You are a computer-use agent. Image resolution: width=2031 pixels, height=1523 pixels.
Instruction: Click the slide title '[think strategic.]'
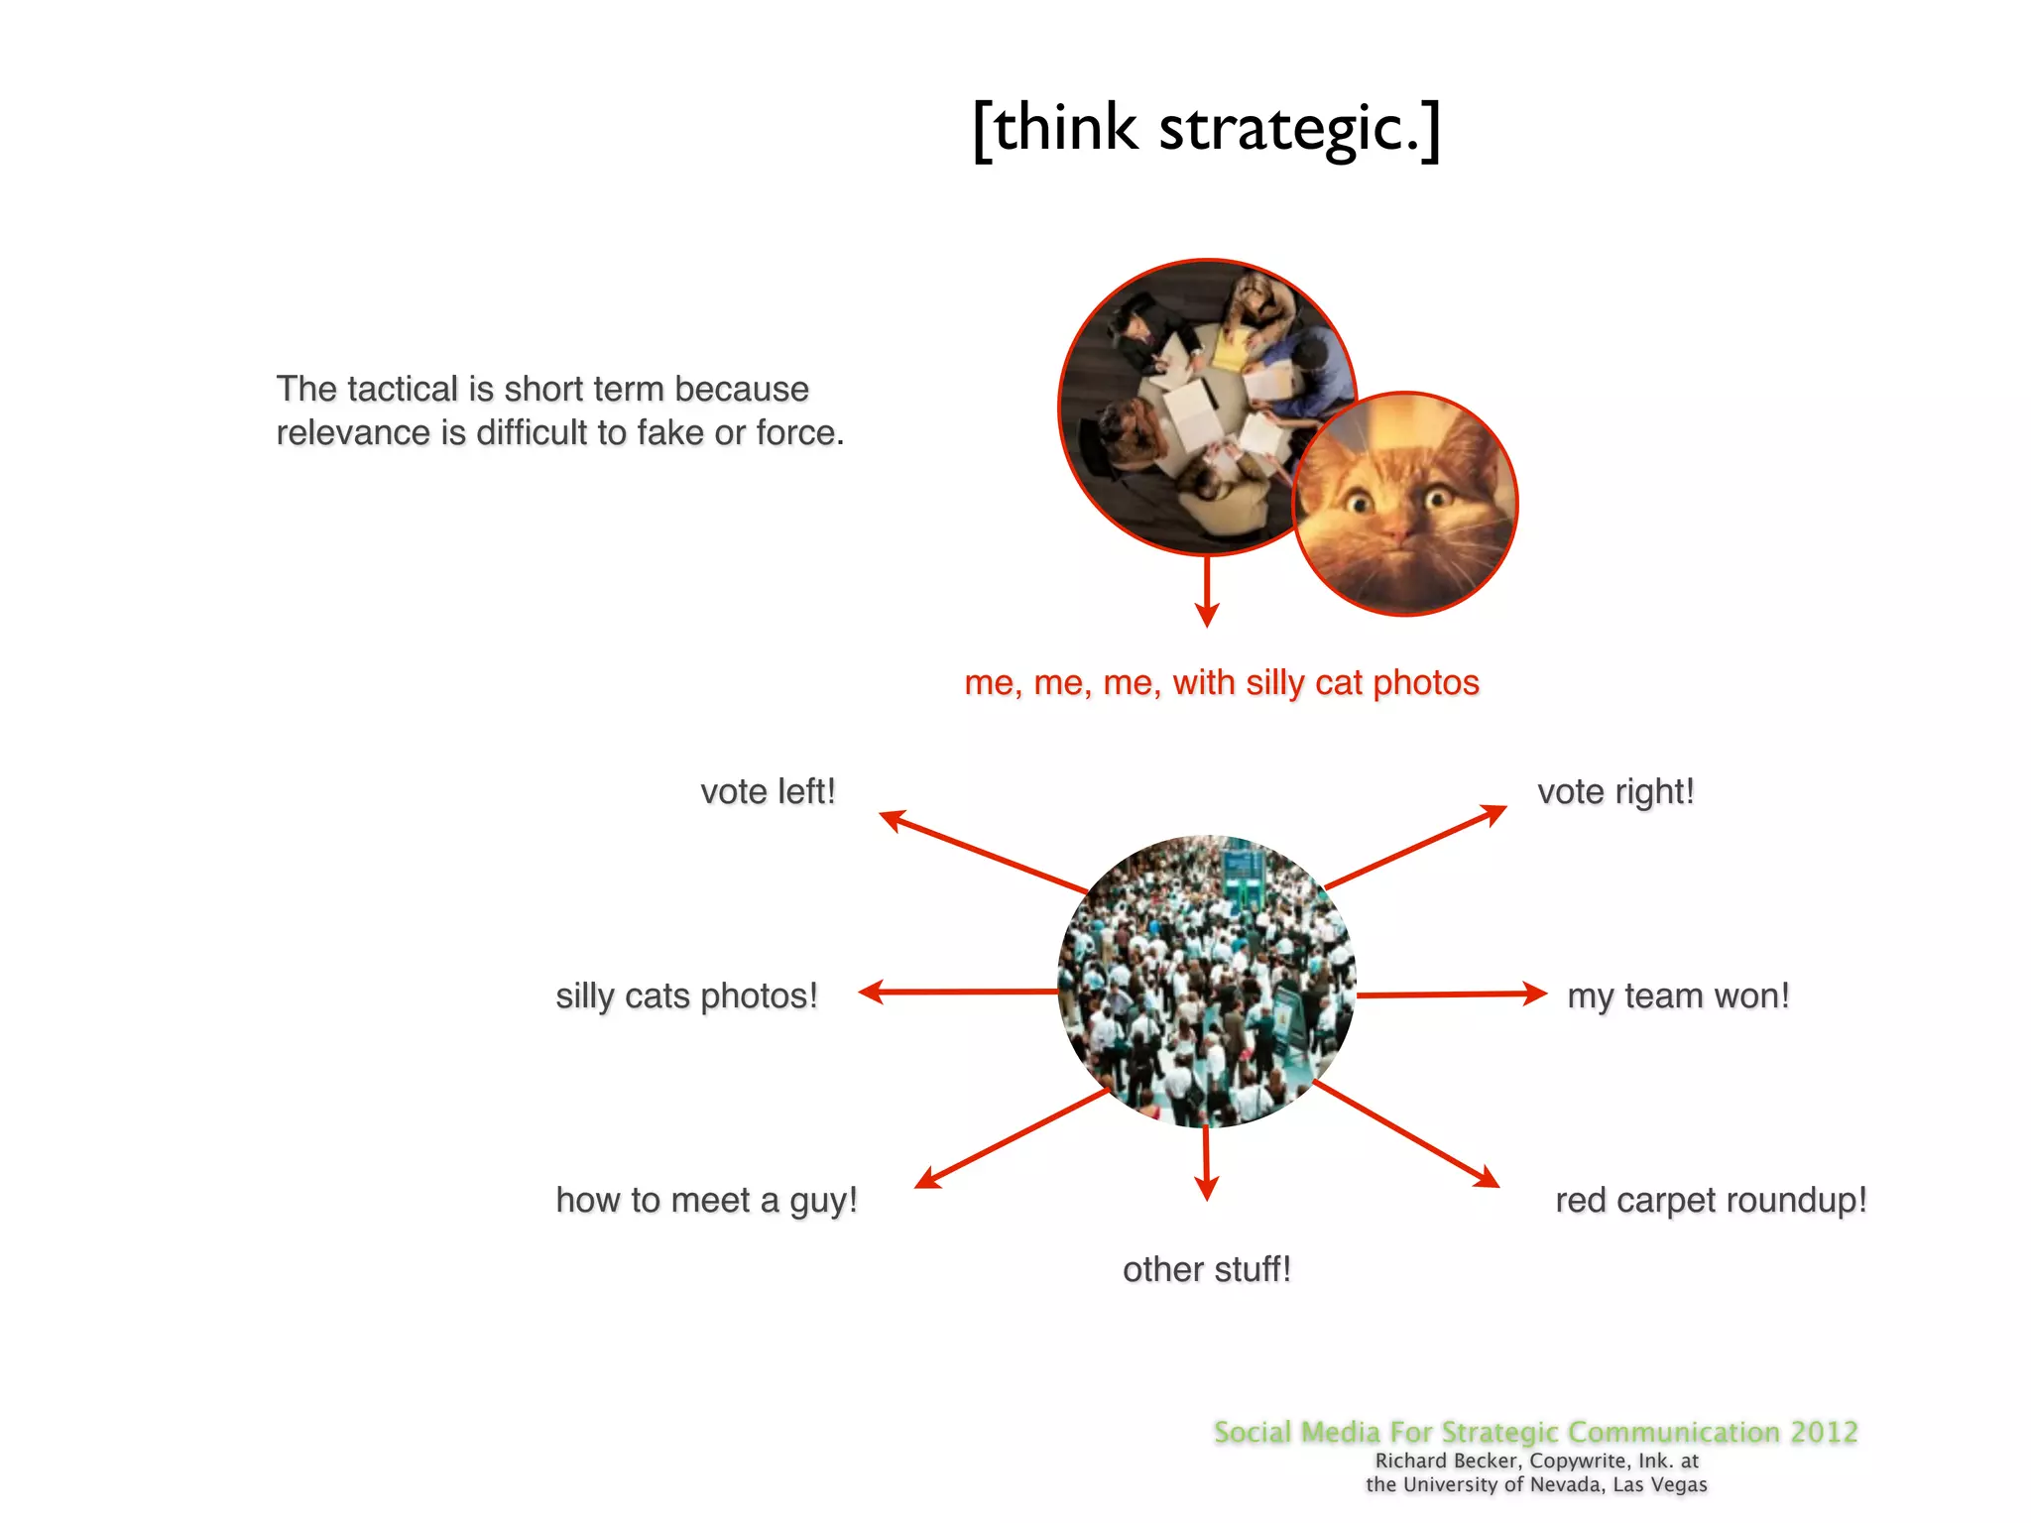click(x=1206, y=129)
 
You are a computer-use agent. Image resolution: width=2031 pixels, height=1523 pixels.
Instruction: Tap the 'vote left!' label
click(x=768, y=791)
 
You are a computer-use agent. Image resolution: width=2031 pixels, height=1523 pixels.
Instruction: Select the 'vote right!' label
click(x=1615, y=791)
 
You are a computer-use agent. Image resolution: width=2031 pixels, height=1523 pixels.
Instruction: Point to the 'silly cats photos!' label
click(x=686, y=996)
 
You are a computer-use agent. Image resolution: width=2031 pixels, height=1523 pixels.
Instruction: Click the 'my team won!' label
click(x=1678, y=996)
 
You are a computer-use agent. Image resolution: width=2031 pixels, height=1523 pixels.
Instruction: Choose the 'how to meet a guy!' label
click(x=706, y=1200)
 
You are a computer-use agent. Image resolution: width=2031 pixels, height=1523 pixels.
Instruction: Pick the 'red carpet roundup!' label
click(x=1711, y=1200)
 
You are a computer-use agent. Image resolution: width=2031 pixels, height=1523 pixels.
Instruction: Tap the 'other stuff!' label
click(x=1206, y=1269)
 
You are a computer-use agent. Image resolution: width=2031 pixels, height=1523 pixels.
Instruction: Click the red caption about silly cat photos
click(x=1222, y=682)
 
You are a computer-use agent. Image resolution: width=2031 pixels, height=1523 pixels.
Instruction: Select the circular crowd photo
click(x=1206, y=982)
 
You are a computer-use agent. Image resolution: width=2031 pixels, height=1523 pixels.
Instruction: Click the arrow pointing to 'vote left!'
click(x=982, y=851)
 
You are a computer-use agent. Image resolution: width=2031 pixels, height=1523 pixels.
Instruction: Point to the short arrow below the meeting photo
click(x=1206, y=591)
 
